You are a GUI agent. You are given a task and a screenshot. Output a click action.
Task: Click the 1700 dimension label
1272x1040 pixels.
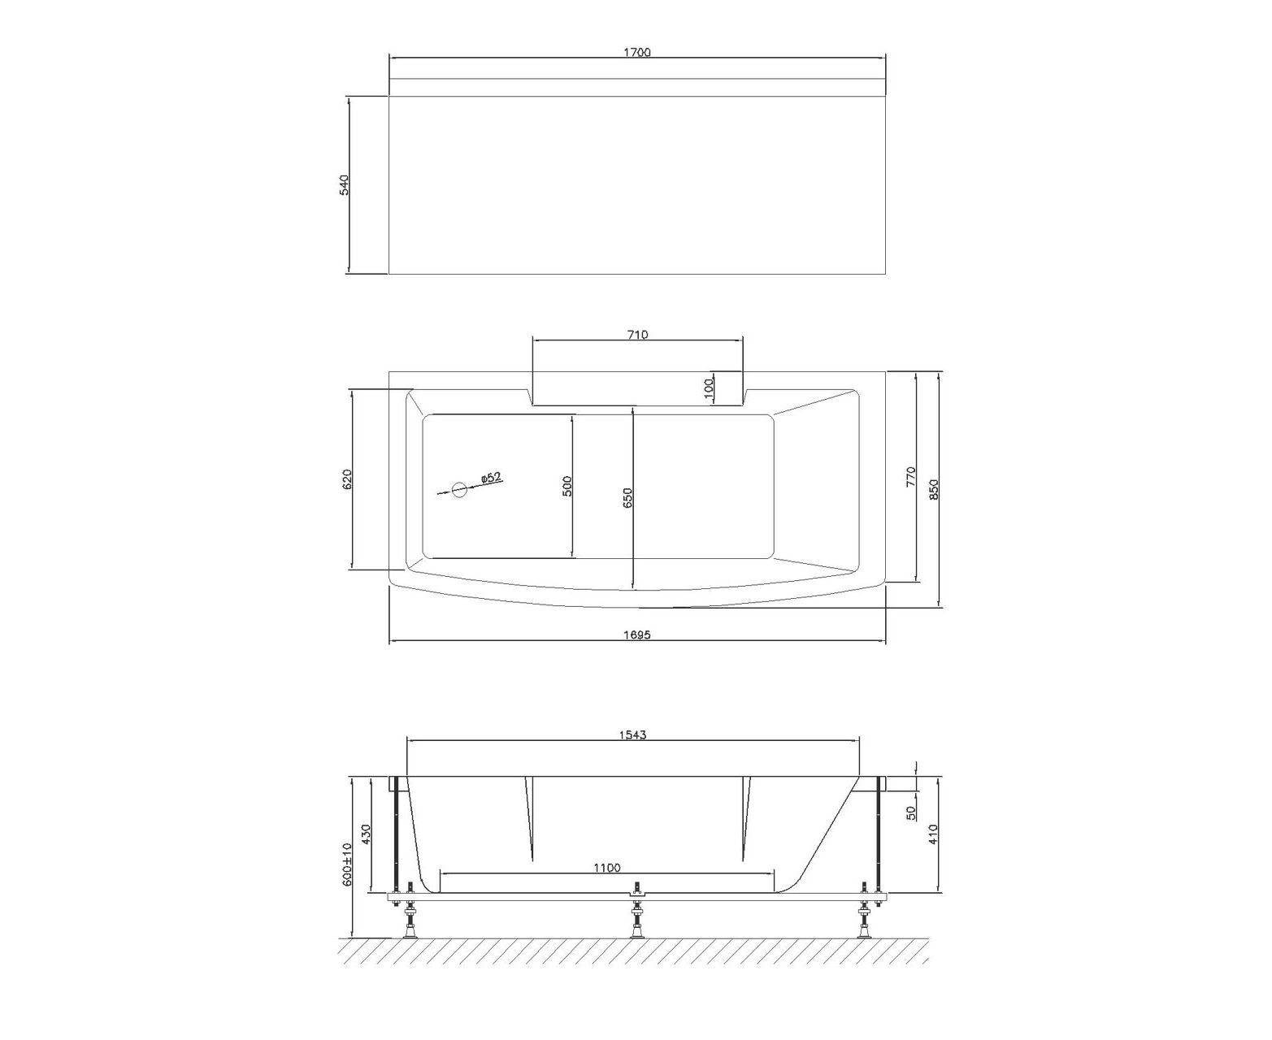[x=636, y=53]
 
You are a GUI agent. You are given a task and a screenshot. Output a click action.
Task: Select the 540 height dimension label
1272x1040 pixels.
[x=345, y=185]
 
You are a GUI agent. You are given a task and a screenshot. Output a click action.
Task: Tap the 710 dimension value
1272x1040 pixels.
[x=637, y=335]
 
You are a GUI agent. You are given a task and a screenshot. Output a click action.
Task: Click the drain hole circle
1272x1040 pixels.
[x=459, y=490]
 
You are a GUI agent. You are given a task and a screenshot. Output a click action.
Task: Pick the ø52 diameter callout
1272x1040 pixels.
[x=491, y=478]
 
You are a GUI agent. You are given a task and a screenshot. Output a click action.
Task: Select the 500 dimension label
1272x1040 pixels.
[x=567, y=486]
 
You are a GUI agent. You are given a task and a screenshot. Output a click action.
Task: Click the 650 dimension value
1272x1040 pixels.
[x=627, y=498]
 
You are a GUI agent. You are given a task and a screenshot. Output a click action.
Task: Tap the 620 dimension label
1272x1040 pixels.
[x=347, y=479]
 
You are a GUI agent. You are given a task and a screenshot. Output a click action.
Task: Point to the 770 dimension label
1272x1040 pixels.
[x=911, y=476]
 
